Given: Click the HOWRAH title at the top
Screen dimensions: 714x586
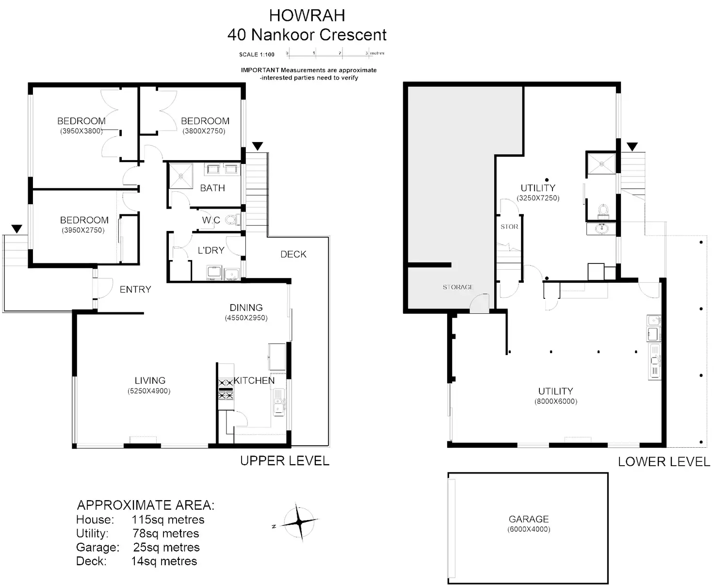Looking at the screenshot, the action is (x=307, y=16).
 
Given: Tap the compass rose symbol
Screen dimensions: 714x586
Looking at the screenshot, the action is (x=299, y=522).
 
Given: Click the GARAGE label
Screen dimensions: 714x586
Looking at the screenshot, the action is (x=529, y=519).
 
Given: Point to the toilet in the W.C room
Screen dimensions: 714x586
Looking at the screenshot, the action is (x=232, y=220).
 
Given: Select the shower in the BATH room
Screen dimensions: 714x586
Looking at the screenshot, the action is (x=180, y=176).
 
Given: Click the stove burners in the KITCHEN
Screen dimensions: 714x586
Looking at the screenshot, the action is (x=226, y=389).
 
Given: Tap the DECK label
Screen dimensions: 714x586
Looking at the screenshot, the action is (x=293, y=254).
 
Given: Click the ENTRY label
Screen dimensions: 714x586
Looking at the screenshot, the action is (x=135, y=290).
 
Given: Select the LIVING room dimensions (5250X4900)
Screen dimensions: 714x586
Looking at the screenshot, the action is (x=149, y=391).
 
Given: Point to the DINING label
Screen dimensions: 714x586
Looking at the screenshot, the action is (x=246, y=308).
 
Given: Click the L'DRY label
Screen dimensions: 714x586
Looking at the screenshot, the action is (x=211, y=250).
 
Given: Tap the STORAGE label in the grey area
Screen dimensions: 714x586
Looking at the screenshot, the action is (x=457, y=287).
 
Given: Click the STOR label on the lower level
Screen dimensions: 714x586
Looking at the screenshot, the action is (x=509, y=227).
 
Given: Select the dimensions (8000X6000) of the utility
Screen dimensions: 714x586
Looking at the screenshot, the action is (x=556, y=401).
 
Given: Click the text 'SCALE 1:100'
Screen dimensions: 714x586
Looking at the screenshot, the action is (x=257, y=54).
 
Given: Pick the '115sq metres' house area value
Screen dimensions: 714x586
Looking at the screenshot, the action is (x=168, y=520).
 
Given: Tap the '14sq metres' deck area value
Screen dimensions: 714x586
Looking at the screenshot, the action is (x=164, y=561).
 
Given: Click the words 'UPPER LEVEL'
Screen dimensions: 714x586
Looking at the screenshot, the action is (x=285, y=461).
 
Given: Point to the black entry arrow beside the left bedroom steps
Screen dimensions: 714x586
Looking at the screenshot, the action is (x=17, y=228).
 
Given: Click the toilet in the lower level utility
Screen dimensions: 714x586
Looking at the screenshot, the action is (x=603, y=211).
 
